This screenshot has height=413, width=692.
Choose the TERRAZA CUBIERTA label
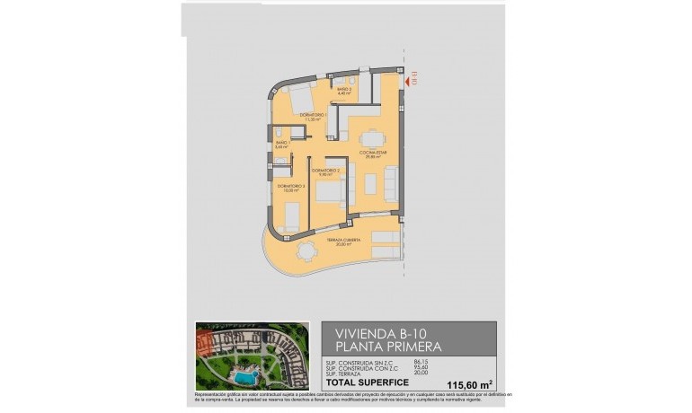pyautogui.click(x=363, y=241)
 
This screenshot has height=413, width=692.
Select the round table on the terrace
pyautogui.click(x=307, y=250)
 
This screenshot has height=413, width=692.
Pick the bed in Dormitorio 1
pyautogui.click(x=297, y=96)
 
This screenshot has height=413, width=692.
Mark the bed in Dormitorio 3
pyautogui.click(x=292, y=215)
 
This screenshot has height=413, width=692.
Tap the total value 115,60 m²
pyautogui.click(x=463, y=384)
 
